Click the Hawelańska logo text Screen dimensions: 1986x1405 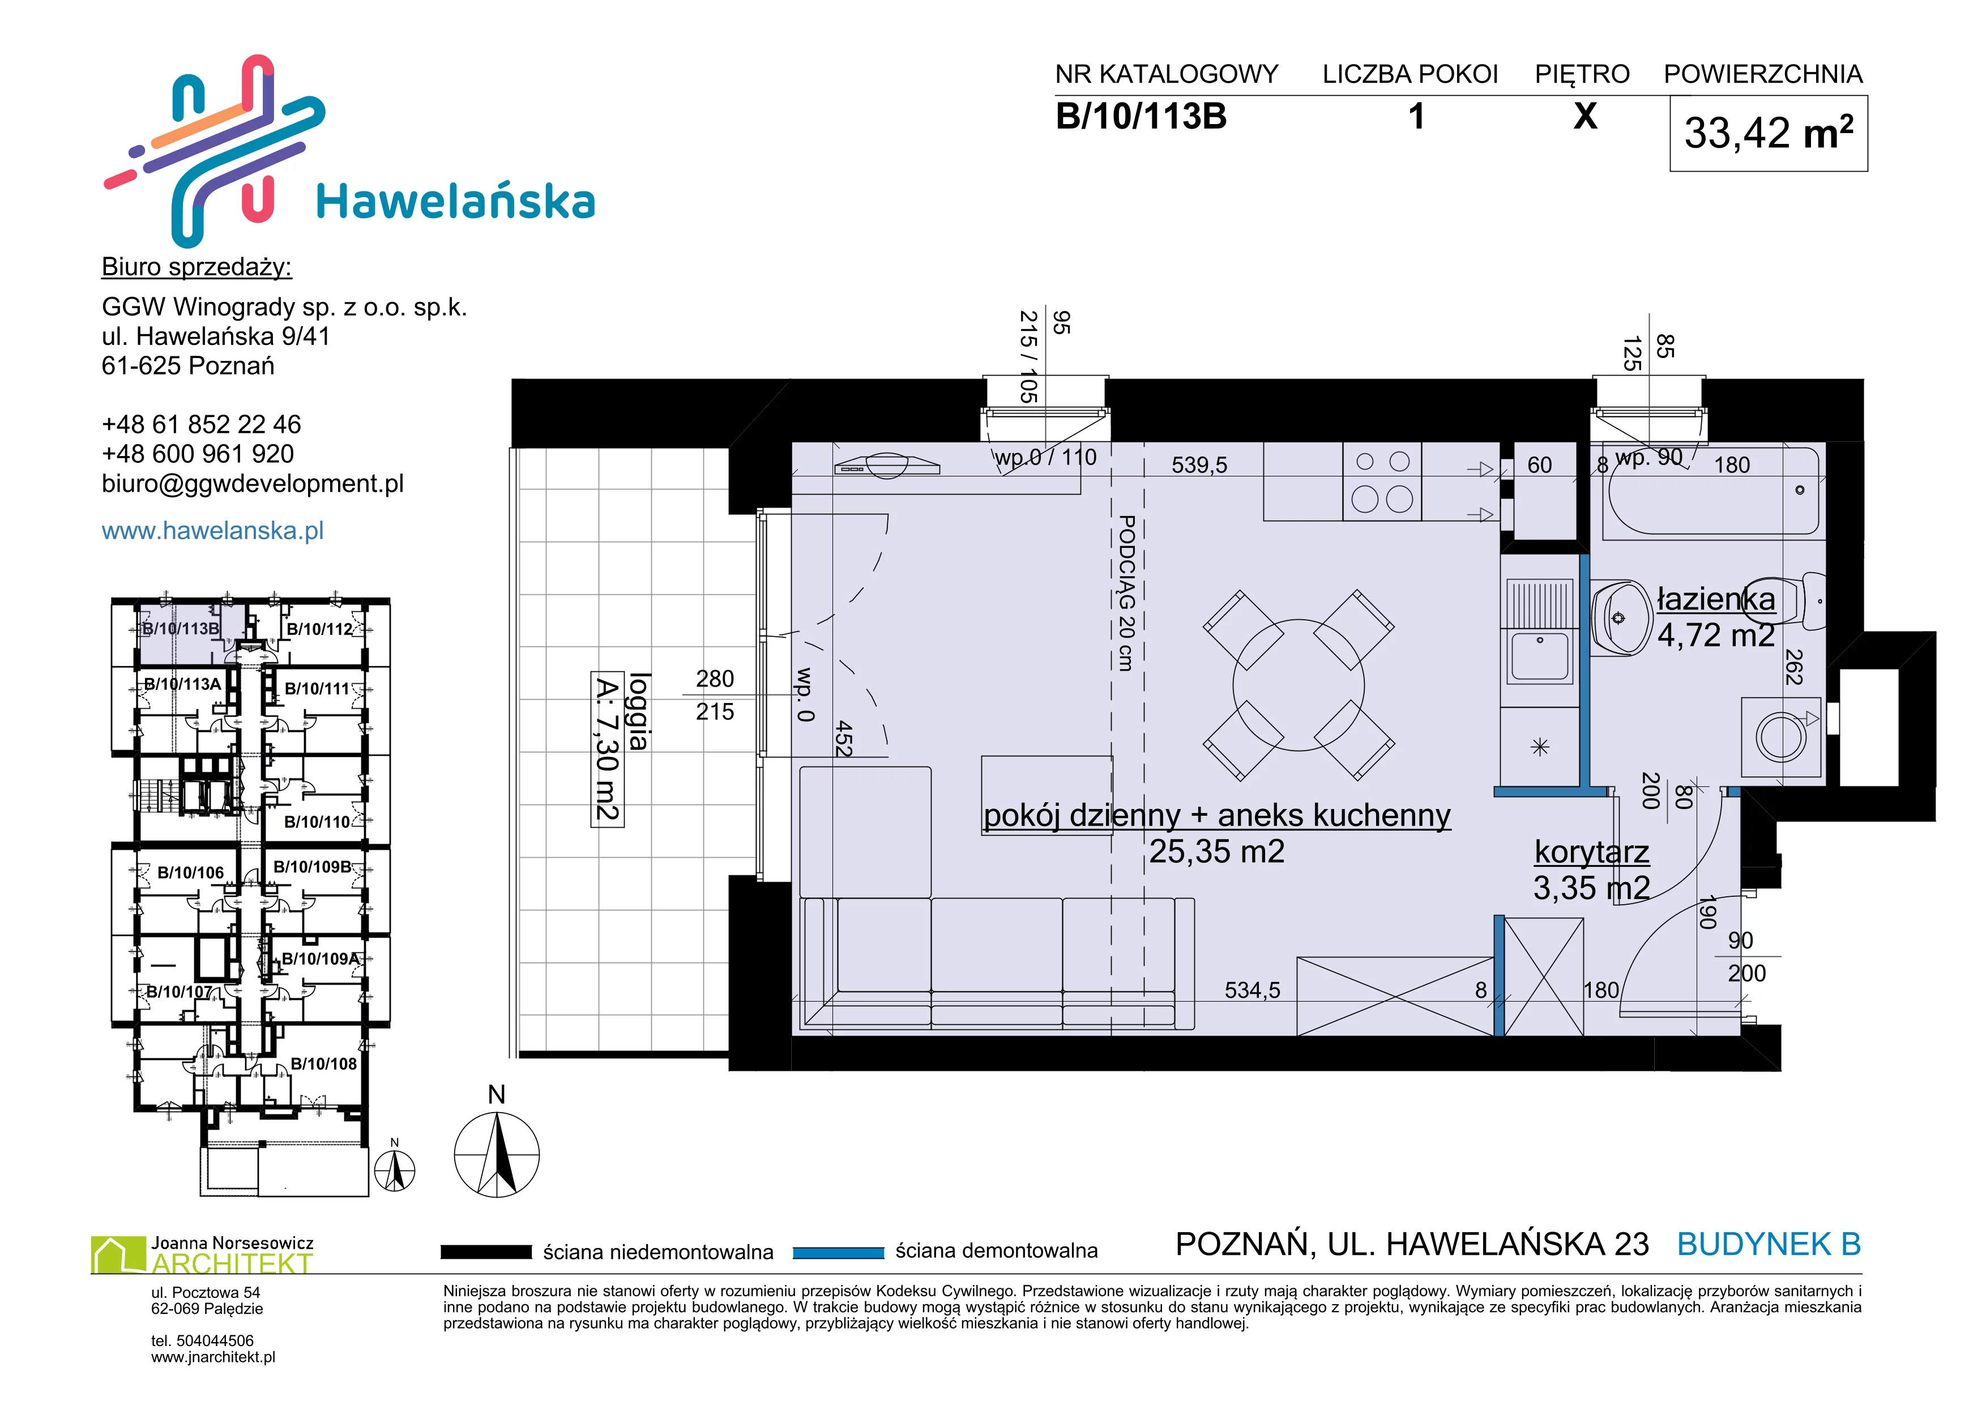click(x=456, y=202)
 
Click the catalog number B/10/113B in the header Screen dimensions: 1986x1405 click(x=1141, y=117)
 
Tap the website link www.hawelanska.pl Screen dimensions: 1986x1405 click(x=213, y=530)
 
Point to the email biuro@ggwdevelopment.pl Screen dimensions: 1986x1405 click(x=253, y=484)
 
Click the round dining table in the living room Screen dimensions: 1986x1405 click(x=1299, y=685)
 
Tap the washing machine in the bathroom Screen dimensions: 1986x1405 click(x=1781, y=737)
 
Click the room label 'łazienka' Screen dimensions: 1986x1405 click(x=1716, y=599)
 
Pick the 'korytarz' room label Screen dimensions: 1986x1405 click(x=1591, y=852)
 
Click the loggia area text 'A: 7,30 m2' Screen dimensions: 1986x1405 click(x=607, y=749)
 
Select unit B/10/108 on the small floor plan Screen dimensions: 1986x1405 click(x=323, y=1063)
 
